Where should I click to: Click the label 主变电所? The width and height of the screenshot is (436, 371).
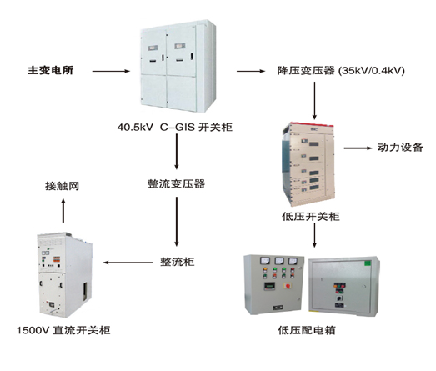point(50,70)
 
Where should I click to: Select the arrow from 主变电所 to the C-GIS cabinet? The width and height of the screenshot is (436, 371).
point(111,71)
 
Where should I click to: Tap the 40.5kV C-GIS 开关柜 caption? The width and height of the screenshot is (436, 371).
point(174,127)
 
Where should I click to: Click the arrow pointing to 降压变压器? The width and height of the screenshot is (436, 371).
point(251,71)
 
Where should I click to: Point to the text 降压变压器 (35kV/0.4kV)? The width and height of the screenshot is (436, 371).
point(341,71)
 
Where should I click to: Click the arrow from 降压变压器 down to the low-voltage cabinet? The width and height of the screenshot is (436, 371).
point(314,100)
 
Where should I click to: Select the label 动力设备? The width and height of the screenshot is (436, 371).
point(400,148)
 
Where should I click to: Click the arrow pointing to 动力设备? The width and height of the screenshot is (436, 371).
point(358,148)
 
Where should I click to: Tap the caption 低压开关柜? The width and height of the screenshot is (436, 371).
point(311,217)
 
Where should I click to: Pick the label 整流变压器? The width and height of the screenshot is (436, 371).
point(176,183)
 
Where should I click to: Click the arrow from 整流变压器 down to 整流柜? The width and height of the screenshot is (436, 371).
point(177,222)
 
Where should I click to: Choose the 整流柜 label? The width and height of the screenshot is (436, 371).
point(177,262)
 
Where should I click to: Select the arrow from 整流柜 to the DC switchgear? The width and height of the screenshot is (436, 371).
point(128,263)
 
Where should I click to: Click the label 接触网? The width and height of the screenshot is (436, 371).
point(62,186)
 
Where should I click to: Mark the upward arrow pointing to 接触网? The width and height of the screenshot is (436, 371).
point(63,210)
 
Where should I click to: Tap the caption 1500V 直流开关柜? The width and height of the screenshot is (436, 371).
point(63,330)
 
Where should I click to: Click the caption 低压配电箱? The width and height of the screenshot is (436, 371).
point(307,330)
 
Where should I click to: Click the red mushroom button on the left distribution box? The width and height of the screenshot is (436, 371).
point(287,286)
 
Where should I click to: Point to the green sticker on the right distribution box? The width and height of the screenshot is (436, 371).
point(368,263)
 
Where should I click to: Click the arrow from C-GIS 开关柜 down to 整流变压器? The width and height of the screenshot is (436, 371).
point(177,152)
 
